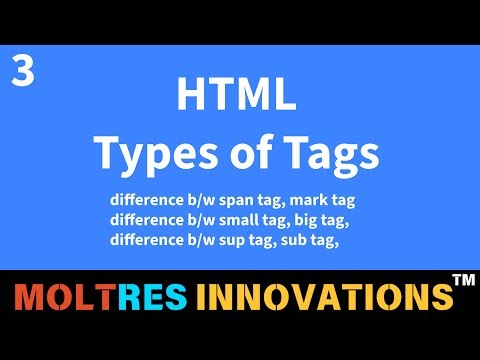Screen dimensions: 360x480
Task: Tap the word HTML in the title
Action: (x=236, y=97)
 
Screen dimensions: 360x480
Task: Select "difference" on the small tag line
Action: (x=146, y=216)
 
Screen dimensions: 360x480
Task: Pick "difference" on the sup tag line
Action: (x=146, y=238)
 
